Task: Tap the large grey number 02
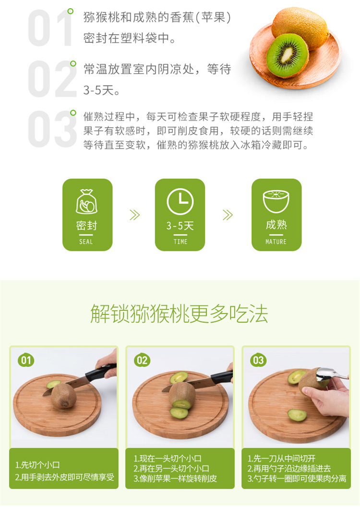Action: (52, 79)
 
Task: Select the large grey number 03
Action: (52, 129)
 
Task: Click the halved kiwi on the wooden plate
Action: (287, 55)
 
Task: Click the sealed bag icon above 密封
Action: (86, 202)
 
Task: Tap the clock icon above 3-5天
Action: (180, 202)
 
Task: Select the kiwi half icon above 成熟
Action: (276, 201)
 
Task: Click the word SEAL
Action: (86, 242)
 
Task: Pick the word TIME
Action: (180, 242)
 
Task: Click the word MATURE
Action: (276, 242)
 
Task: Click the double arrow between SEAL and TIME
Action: (134, 215)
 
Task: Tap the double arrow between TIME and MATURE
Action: (228, 215)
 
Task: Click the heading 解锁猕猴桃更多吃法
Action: (179, 314)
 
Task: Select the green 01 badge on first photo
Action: (26, 361)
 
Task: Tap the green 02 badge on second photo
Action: (142, 361)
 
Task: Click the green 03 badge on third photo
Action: (258, 361)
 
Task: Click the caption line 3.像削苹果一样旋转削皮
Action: (175, 478)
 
